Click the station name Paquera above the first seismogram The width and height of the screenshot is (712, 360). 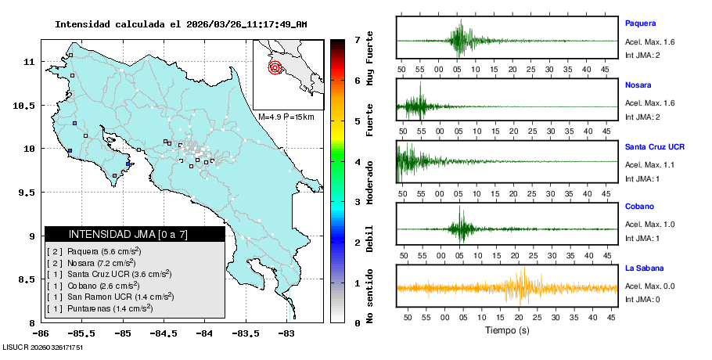click(640, 23)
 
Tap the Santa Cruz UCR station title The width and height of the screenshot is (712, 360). click(656, 146)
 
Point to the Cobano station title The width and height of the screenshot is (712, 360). click(639, 207)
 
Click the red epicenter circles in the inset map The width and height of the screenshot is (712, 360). click(275, 67)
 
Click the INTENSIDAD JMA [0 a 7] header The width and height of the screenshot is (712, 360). click(135, 234)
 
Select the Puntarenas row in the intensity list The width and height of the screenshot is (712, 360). click(110, 310)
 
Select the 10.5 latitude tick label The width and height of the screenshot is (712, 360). click(27, 105)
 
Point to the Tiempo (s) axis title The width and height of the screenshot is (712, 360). click(507, 330)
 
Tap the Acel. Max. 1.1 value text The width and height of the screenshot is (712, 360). click(649, 164)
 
